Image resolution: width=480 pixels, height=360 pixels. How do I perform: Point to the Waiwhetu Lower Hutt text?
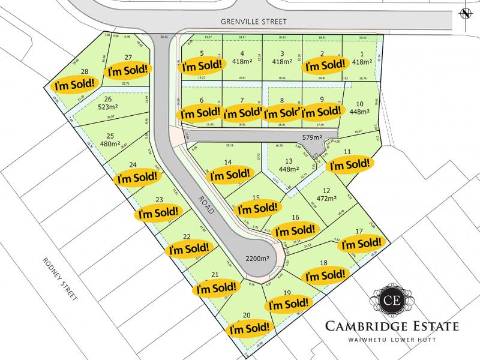coord(391,341)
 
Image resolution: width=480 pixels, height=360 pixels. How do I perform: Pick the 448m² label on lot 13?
coord(288,170)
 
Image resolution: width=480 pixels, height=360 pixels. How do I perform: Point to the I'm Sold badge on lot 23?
coord(158,212)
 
